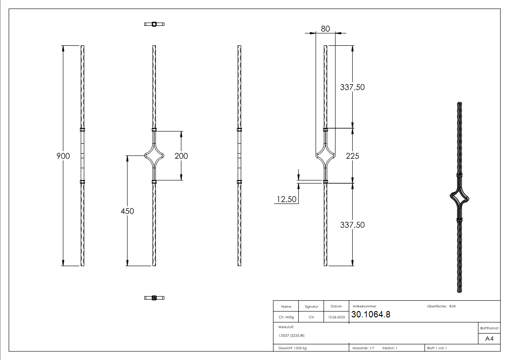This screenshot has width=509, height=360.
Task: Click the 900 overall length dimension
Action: pyautogui.click(x=63, y=156)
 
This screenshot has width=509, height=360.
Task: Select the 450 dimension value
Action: pyautogui.click(x=127, y=211)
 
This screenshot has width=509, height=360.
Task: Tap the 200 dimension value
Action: pyautogui.click(x=181, y=156)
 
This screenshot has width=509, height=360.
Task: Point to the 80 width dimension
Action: pyautogui.click(x=325, y=29)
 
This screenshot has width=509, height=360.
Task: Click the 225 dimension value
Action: pyautogui.click(x=352, y=156)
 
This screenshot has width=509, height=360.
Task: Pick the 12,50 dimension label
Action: pyautogui.click(x=286, y=199)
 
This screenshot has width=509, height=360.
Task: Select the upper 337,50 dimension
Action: pyautogui.click(x=352, y=88)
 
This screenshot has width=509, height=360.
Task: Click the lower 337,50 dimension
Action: pyautogui.click(x=352, y=225)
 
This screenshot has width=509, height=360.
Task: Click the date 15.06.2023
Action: pyautogui.click(x=336, y=317)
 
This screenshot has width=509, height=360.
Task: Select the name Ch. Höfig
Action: pyautogui.click(x=286, y=317)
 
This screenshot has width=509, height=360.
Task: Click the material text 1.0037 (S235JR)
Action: pyautogui.click(x=291, y=335)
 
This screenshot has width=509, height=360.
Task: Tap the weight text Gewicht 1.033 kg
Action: pyautogui.click(x=293, y=348)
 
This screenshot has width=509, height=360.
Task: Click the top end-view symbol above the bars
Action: pyautogui.click(x=154, y=24)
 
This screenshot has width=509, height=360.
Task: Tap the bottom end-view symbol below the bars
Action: pyautogui.click(x=154, y=297)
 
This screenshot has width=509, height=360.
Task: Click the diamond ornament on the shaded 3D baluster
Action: pyautogui.click(x=459, y=198)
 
